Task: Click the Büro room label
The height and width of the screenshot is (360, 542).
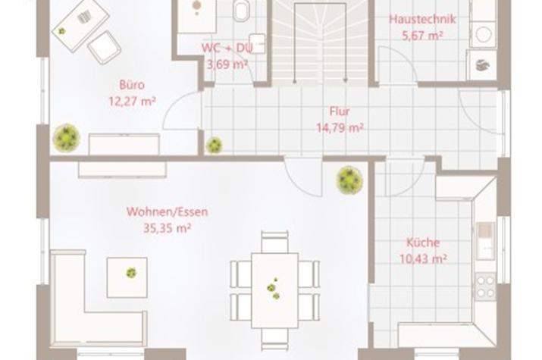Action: click(132, 85)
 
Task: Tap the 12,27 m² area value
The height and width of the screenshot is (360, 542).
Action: click(132, 102)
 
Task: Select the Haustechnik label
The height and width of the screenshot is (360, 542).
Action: click(422, 19)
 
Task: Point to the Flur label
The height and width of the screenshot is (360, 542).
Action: click(340, 111)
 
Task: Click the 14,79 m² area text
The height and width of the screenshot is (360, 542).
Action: click(340, 128)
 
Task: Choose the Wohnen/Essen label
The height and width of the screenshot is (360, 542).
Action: click(168, 211)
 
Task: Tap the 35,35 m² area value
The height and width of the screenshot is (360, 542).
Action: click(168, 228)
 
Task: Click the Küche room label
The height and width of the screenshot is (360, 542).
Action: click(423, 243)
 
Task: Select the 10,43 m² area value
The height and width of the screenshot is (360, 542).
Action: click(423, 258)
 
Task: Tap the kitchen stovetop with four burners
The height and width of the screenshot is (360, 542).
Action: click(485, 286)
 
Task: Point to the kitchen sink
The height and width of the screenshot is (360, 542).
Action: click(486, 241)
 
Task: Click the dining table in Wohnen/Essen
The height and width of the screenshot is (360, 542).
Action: click(275, 290)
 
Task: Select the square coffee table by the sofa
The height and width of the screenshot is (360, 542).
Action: click(127, 277)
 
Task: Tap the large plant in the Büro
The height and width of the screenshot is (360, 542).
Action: click(67, 138)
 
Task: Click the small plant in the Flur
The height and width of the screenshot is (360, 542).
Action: click(214, 145)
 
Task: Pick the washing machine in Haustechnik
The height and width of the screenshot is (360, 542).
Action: click(483, 34)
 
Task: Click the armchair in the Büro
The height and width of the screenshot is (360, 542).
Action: click(104, 47)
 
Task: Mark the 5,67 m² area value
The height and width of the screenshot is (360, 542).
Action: click(422, 35)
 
